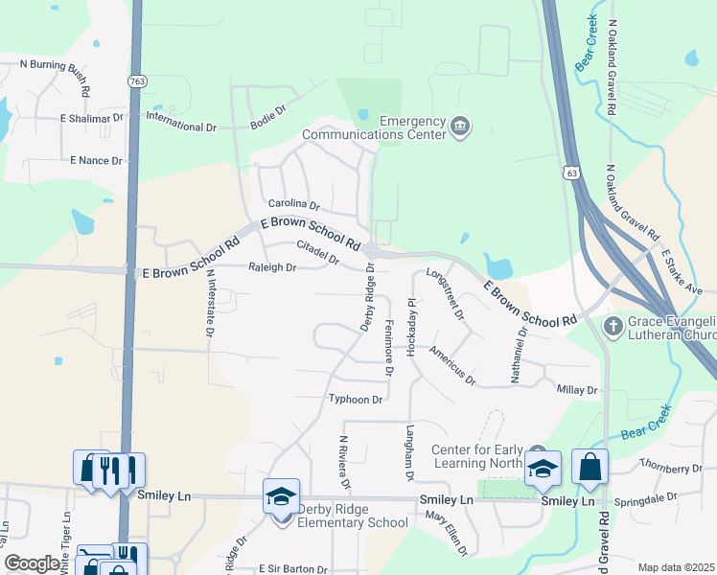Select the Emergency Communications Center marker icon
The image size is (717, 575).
click(x=460, y=126)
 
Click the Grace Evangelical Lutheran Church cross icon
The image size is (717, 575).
click(x=613, y=327)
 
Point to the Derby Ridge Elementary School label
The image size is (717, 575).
click(x=353, y=516)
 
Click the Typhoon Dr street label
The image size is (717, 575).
click(x=356, y=399)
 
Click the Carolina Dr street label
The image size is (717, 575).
click(x=293, y=204)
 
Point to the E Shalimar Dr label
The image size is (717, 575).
click(x=91, y=118)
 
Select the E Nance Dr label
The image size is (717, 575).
click(x=96, y=160)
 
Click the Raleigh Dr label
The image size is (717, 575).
click(x=272, y=267)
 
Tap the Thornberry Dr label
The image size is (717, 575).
click(x=671, y=469)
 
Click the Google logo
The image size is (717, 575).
click(x=32, y=563)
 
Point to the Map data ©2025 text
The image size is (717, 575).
click(x=676, y=567)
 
